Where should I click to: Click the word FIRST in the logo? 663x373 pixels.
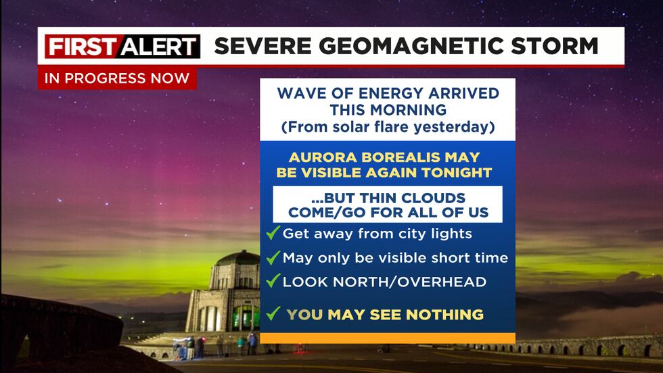point(73,47)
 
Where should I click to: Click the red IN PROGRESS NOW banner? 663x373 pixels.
point(117,78)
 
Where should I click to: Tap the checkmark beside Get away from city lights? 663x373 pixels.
point(273,234)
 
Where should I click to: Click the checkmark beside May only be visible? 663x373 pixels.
point(273,258)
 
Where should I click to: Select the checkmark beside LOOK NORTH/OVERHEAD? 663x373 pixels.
point(273,281)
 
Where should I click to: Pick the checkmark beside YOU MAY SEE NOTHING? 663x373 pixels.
point(273,313)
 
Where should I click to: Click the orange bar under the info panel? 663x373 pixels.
point(388,338)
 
